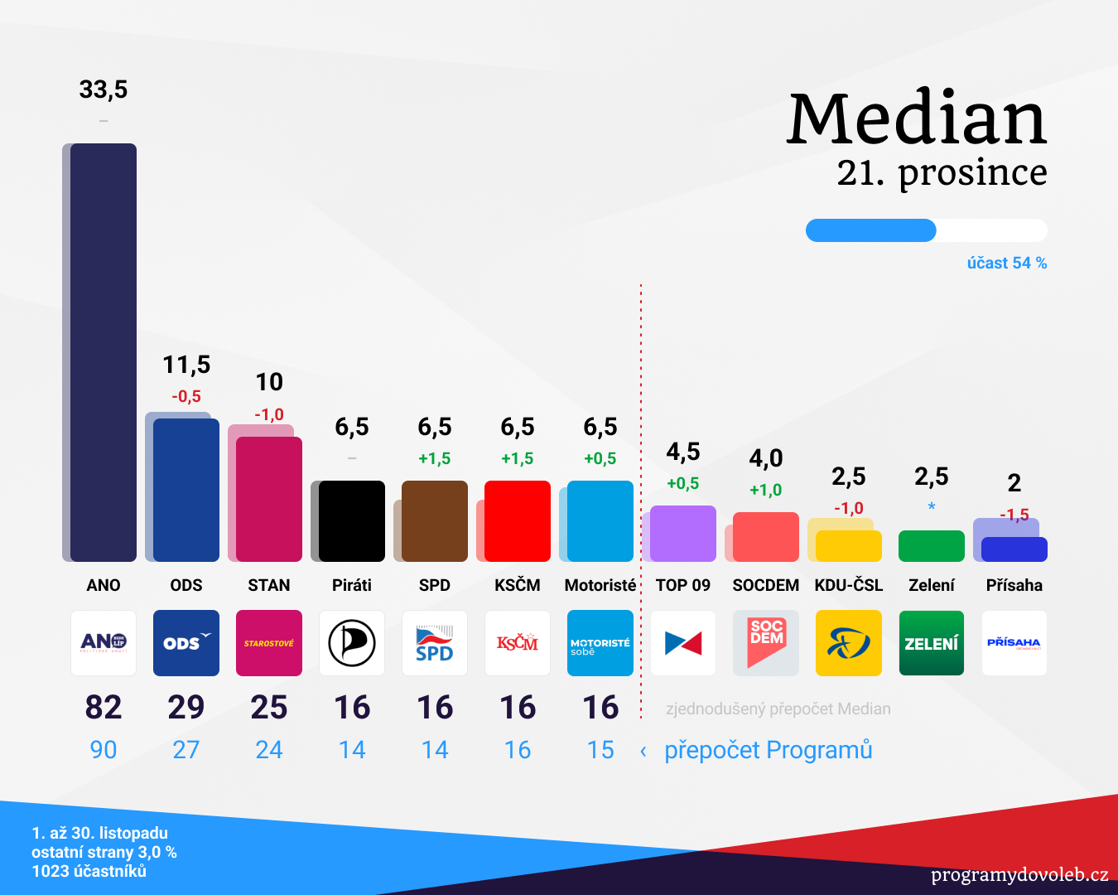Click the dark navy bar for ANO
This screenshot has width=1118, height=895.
pos(104,352)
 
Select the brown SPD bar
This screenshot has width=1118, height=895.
pos(435,521)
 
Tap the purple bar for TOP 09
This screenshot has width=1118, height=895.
pos(683,534)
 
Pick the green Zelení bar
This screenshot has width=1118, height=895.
pos(932,546)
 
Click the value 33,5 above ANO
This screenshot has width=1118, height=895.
pos(104,89)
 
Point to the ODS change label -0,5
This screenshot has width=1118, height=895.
pos(186,397)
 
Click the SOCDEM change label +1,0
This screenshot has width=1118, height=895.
pos(766,491)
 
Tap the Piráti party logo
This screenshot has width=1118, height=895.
pos(352,643)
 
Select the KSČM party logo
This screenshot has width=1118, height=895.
pos(518,643)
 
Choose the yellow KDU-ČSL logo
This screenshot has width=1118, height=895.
pos(849,643)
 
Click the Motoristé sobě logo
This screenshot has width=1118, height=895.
pos(600,643)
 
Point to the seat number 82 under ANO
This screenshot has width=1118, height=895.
pos(104,708)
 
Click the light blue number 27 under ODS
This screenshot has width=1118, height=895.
pos(186,750)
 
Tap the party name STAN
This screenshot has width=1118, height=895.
pos(269,585)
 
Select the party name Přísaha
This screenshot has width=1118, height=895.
pos(1014,585)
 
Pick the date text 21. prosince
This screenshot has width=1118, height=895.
pos(942,172)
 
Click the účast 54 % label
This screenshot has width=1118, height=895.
pos(1007,264)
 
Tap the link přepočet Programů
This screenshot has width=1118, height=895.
pos(769,750)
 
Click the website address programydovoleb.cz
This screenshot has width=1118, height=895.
pos(1019,875)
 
